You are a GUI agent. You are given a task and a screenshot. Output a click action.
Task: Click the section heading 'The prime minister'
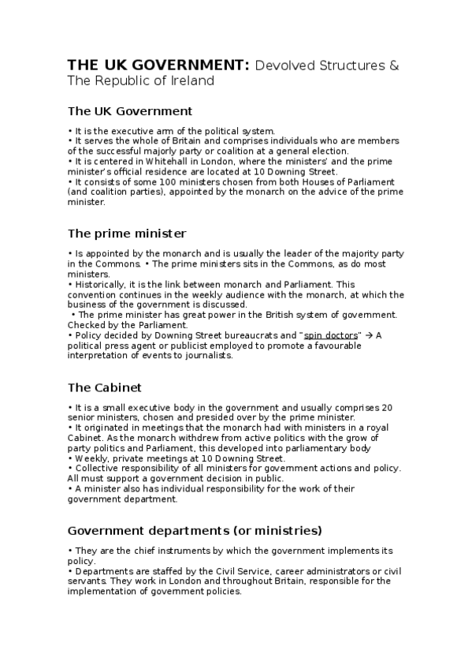pos(127,233)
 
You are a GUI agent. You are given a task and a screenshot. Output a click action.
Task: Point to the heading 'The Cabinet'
pos(104,387)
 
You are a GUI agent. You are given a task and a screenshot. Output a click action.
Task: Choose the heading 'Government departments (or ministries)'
pos(195,529)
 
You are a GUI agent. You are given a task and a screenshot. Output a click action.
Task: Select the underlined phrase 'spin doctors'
pos(330,335)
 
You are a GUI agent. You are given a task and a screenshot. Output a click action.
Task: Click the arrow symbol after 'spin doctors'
pos(368,335)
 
